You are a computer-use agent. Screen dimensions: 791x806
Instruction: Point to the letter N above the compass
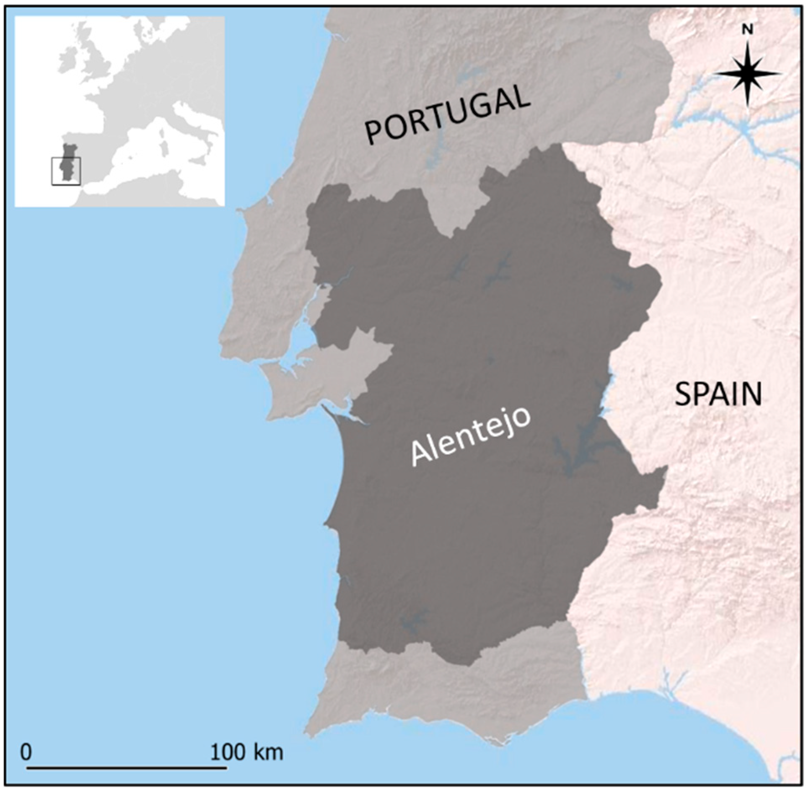click(748, 29)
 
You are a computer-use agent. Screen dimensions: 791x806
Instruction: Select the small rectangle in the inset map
click(66, 171)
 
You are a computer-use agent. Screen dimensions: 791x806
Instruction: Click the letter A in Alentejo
click(419, 455)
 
